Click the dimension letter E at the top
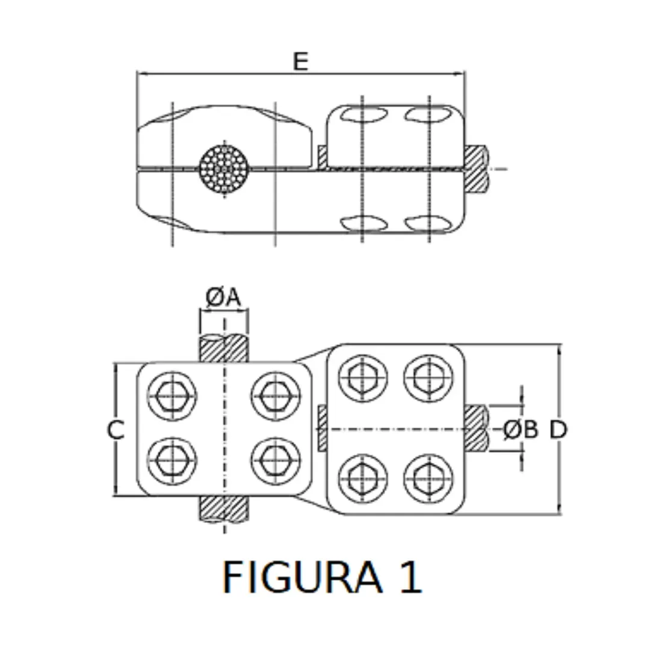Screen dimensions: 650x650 300,61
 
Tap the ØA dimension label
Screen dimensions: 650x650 223,297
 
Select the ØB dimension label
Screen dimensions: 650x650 520,430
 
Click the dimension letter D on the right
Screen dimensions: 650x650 559,430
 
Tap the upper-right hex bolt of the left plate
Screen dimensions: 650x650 276,395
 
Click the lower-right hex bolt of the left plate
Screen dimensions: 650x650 276,460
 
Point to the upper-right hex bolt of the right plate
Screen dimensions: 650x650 429,378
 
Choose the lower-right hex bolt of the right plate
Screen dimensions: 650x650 429,478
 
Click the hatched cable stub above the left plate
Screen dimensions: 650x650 224,348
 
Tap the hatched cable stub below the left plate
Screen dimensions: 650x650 224,509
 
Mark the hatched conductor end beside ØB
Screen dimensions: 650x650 476,429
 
